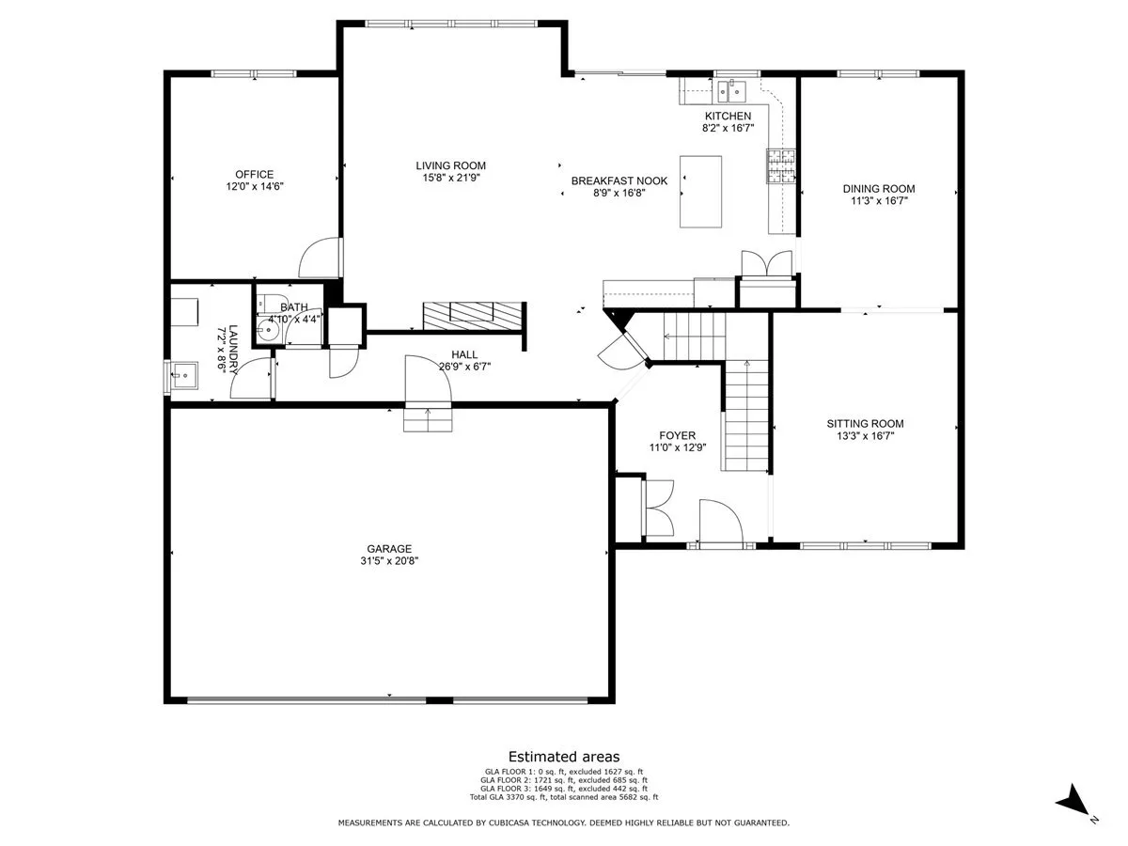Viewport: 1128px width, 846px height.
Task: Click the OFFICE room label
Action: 254,174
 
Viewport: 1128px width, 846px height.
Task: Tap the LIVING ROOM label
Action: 450,165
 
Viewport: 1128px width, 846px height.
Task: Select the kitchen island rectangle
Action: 700,192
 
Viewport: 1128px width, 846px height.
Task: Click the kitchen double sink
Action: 731,91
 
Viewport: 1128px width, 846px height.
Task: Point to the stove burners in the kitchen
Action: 780,166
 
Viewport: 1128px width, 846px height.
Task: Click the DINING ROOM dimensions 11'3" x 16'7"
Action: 879,201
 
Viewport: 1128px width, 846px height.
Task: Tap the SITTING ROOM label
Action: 865,423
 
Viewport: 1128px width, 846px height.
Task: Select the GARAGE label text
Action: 389,549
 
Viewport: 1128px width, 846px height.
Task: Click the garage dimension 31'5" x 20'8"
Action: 389,561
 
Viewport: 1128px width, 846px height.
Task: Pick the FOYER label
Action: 678,435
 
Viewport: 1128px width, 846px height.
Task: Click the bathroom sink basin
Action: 267,329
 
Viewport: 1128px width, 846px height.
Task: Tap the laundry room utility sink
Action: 183,375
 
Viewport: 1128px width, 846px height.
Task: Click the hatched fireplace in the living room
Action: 471,316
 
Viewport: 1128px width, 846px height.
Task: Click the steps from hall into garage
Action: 428,419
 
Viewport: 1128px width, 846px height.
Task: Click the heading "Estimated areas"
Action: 564,757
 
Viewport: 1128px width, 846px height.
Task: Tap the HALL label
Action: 464,354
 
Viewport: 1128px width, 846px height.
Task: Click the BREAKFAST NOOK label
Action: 619,180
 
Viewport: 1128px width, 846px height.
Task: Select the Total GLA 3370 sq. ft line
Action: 564,797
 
